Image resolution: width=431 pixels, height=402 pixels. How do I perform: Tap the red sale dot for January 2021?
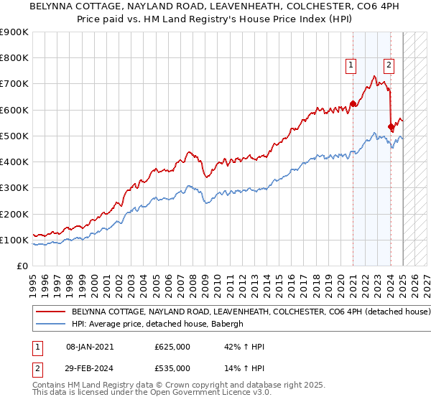pos(353,103)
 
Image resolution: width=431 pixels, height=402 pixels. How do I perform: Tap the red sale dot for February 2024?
pos(391,127)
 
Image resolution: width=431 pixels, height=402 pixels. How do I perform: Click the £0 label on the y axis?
pos(22,266)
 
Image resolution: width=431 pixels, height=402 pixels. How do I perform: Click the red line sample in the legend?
pos(50,312)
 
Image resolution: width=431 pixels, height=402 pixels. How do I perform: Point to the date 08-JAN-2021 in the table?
pos(91,347)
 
